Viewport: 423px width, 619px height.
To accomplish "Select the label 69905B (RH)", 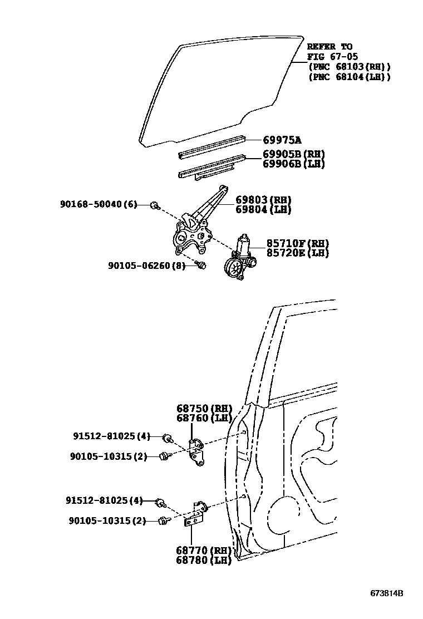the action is point(294,154).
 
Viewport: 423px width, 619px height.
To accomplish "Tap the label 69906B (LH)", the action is point(294,164).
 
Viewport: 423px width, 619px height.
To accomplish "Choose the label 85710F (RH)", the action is point(297,243).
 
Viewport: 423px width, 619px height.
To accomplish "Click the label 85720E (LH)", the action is point(297,253).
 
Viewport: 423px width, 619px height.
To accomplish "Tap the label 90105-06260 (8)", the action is point(146,266).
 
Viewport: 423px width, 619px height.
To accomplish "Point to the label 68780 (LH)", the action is point(204,561).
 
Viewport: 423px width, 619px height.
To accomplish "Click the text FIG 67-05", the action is point(333,57).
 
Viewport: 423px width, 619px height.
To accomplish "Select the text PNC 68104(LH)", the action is point(350,77).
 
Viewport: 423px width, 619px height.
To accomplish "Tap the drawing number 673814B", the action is point(387,593).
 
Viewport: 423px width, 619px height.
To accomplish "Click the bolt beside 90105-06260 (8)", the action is point(202,266).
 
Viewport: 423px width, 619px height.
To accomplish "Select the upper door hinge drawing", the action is point(195,450).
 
